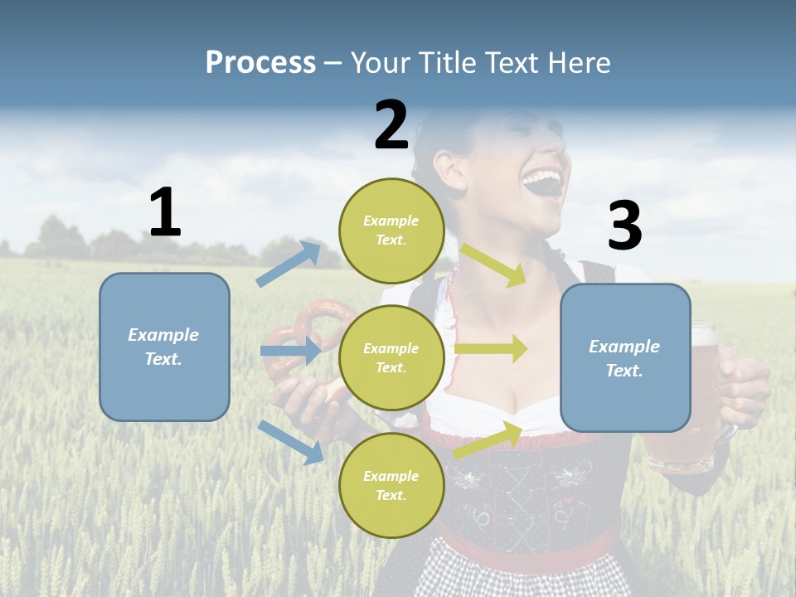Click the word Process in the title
coord(260,63)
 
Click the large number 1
coord(165,213)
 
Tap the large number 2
coord(391,125)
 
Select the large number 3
coord(624,226)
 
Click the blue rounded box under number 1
coord(164,347)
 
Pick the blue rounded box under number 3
coord(625,357)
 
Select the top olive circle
coord(391,231)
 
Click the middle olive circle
coord(391,357)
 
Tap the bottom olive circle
coord(391,485)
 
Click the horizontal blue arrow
coord(290,351)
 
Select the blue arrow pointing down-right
coord(291,441)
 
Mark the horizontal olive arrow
coord(491,349)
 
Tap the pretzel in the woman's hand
coord(325,332)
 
